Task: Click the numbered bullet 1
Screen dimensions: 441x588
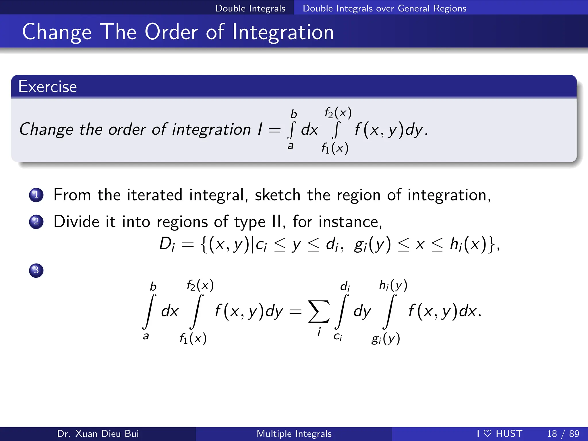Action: [36, 195]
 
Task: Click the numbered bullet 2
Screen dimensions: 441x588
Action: [36, 222]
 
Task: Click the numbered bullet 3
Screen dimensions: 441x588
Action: [36, 270]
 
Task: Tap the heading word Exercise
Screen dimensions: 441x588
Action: [48, 86]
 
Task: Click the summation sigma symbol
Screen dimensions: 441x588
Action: [318, 312]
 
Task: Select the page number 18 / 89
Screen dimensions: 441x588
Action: [563, 434]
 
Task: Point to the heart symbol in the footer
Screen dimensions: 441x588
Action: [488, 433]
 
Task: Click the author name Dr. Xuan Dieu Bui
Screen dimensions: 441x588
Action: [98, 434]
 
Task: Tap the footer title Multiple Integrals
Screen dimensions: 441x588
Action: [294, 434]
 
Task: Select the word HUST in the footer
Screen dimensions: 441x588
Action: [509, 434]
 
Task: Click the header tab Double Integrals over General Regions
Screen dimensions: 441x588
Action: [384, 8]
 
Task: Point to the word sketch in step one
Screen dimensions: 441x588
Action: [277, 195]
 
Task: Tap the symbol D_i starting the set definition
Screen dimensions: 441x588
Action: [167, 245]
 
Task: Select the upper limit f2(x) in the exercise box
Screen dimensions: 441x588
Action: [338, 113]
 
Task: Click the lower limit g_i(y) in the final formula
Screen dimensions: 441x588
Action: [386, 339]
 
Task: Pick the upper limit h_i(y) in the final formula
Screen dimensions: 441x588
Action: [393, 285]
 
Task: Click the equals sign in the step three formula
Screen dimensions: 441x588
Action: [295, 312]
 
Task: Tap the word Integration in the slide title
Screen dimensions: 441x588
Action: [283, 32]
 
